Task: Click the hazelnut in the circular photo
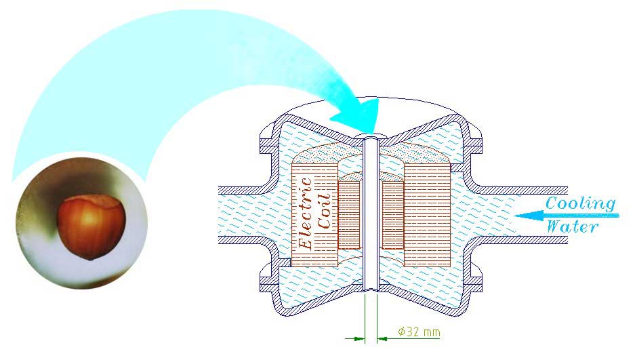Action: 91,224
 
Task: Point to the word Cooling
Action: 581,203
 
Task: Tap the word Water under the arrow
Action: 573,227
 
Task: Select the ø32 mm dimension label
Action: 419,332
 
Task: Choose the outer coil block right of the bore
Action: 427,214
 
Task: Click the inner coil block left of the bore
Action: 350,214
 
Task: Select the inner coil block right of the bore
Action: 393,214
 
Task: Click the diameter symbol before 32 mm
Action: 401,332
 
